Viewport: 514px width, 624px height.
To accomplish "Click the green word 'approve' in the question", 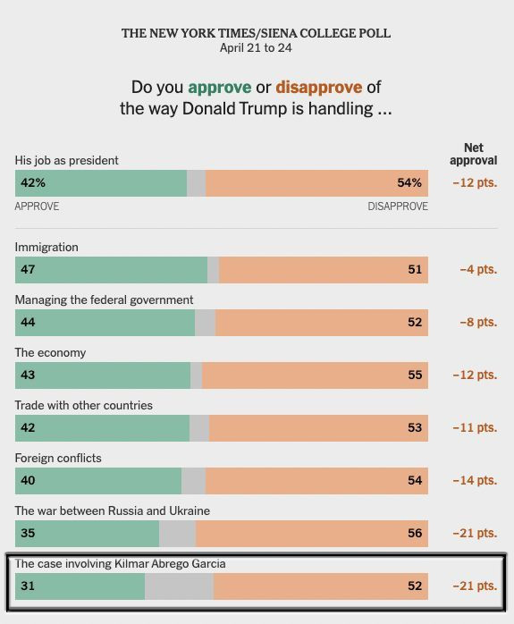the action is pyautogui.click(x=220, y=88).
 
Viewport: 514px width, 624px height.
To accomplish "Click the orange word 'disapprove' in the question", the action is pyautogui.click(x=319, y=87).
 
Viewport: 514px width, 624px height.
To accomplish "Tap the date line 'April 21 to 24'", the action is pyautogui.click(x=256, y=48).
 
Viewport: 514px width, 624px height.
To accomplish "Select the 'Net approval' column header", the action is pyautogui.click(x=474, y=154).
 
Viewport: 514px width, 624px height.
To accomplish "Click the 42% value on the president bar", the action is pyautogui.click(x=33, y=182).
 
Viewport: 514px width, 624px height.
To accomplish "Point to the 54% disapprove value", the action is pyautogui.click(x=409, y=182).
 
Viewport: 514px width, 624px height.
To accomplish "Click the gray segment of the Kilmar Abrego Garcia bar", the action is pyautogui.click(x=179, y=586).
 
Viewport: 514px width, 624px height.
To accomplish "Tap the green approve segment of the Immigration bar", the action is pyautogui.click(x=112, y=270).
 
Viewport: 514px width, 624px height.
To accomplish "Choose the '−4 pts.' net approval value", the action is pyautogui.click(x=478, y=269).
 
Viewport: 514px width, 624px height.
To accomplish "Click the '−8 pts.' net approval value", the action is pyautogui.click(x=478, y=322).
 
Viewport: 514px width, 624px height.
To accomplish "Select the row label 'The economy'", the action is pyautogui.click(x=51, y=352).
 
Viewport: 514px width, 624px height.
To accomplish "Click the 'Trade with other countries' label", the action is pyautogui.click(x=83, y=405).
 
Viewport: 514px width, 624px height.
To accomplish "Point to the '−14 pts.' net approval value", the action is pyautogui.click(x=475, y=480).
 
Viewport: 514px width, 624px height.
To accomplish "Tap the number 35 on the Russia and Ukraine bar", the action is pyautogui.click(x=28, y=534).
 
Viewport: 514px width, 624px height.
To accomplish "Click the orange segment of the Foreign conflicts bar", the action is pyautogui.click(x=316, y=481).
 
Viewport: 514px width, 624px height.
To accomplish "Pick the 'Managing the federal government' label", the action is pyautogui.click(x=105, y=299).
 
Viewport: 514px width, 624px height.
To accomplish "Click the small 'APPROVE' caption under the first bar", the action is pyautogui.click(x=37, y=207).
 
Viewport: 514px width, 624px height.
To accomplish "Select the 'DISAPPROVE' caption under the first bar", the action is pyautogui.click(x=398, y=207).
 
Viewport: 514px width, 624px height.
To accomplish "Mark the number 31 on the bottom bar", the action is pyautogui.click(x=28, y=586).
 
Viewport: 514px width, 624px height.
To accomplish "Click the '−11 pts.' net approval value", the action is pyautogui.click(x=475, y=427).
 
